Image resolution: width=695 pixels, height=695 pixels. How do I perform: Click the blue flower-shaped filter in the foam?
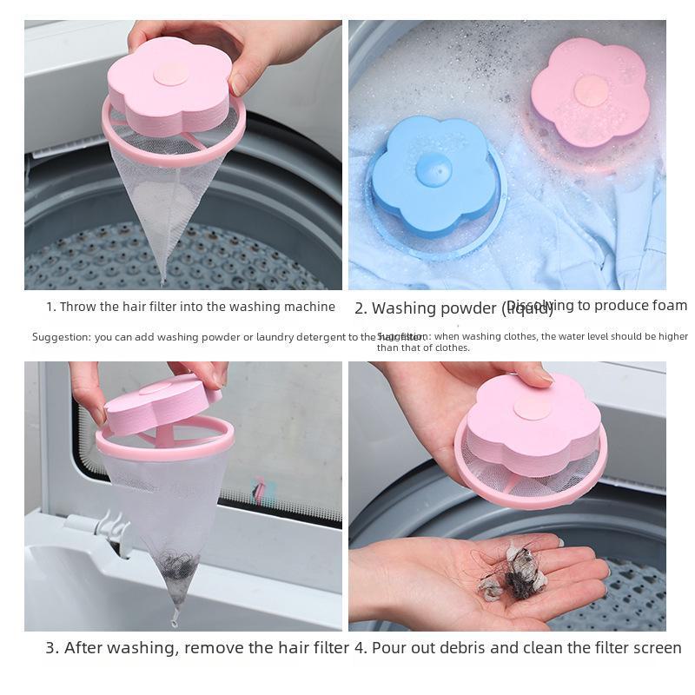[x=432, y=178]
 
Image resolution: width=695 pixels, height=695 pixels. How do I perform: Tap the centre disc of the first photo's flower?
[x=170, y=73]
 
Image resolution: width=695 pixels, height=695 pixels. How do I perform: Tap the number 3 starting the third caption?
[x=50, y=647]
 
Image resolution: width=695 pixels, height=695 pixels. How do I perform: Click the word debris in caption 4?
[x=465, y=647]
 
